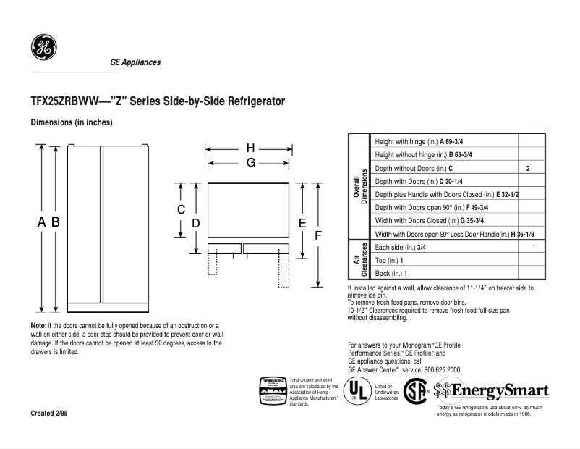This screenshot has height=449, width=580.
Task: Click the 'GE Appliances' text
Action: tap(135, 62)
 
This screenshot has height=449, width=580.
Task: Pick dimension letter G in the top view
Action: tap(250, 163)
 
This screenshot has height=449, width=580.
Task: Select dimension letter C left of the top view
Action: tap(182, 209)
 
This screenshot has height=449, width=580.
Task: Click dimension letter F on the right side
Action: tap(317, 235)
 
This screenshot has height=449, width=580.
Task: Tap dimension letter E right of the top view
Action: tap(302, 223)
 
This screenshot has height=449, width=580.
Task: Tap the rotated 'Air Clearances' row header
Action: tap(359, 260)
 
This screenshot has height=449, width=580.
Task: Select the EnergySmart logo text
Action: tap(499, 391)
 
